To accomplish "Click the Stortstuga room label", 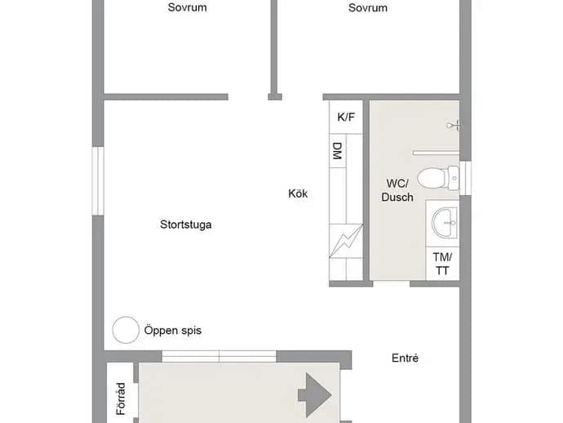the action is (x=186, y=225).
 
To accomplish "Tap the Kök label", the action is (x=298, y=194).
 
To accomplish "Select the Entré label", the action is (x=405, y=358).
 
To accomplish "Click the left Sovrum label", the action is (x=187, y=7).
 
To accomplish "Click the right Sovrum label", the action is (x=368, y=7).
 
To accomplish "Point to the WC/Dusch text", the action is (x=397, y=190).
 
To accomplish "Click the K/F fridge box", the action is (x=346, y=117).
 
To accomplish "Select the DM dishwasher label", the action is (x=337, y=151).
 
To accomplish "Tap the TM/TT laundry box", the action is (x=442, y=264).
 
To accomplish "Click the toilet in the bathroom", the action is (x=438, y=178).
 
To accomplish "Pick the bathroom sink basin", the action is (x=445, y=223).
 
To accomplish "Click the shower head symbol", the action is (x=453, y=126).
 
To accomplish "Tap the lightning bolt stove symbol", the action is (x=346, y=241).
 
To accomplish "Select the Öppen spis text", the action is (x=173, y=330).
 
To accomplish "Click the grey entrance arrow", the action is (x=314, y=395).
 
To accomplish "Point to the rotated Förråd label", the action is (x=121, y=399).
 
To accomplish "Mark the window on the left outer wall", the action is (x=98, y=180).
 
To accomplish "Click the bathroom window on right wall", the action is (x=465, y=178).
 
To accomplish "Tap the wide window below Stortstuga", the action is (x=219, y=357).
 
